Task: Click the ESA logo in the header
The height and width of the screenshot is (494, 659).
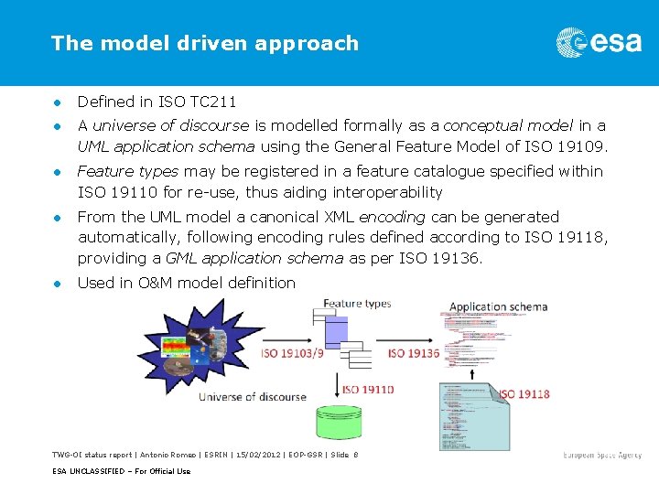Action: [x=599, y=42]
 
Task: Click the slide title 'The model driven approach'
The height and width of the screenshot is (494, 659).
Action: [x=205, y=43]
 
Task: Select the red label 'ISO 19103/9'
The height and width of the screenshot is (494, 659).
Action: [x=291, y=352]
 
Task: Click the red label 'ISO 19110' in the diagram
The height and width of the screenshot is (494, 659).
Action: [x=368, y=389]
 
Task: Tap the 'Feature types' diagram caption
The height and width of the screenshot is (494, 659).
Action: [x=357, y=303]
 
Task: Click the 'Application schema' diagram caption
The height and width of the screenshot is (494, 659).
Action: [x=498, y=306]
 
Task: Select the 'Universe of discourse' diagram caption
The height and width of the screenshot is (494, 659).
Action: [x=244, y=397]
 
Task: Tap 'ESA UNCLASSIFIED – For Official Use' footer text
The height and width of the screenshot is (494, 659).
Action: [x=121, y=471]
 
